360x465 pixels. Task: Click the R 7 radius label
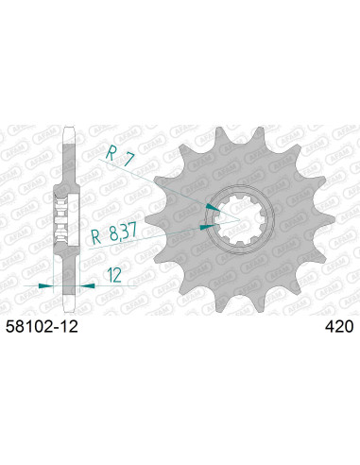pos(114,154)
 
